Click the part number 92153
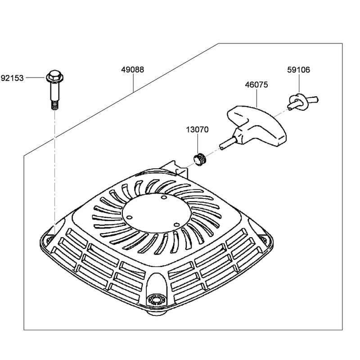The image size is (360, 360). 13,78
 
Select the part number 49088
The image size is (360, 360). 132,70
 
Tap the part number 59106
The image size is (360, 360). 298,70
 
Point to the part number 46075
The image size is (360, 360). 256,85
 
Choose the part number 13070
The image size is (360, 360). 197,130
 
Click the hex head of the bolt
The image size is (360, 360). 55,76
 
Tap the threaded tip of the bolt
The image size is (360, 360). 54,106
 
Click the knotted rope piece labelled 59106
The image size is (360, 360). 301,101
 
